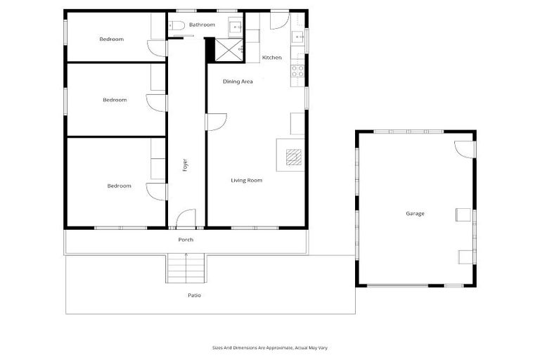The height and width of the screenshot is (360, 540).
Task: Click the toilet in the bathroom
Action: click(176, 26)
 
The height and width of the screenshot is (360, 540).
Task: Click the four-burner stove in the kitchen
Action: click(297, 71)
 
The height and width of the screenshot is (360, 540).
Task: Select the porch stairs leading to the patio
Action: click(186, 268)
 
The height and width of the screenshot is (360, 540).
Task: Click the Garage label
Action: click(415, 213)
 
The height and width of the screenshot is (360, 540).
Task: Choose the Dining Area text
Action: click(238, 82)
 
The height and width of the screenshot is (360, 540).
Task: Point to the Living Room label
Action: click(246, 181)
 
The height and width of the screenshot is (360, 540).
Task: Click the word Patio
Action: click(194, 295)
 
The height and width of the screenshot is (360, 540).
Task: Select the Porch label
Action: click(186, 240)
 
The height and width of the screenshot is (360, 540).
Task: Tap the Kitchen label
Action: click(271, 57)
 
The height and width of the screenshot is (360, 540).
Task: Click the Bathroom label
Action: click(202, 25)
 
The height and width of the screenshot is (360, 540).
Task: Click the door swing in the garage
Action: click(464, 149)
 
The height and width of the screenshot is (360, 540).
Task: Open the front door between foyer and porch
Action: click(186, 219)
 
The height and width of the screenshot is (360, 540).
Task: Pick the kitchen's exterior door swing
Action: click(279, 20)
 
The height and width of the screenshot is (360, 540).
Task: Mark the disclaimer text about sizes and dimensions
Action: click(270, 347)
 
